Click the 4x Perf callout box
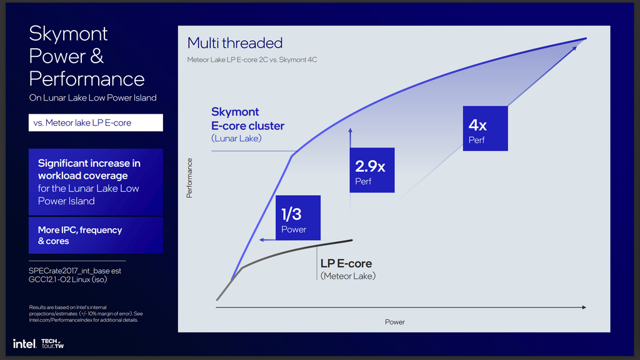tap(485, 129)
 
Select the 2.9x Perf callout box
tap(372, 170)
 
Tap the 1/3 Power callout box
tap(298, 217)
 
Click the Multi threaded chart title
tap(235, 43)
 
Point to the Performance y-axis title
tap(189, 178)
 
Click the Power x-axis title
tap(395, 322)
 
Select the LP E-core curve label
tap(347, 269)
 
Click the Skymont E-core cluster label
tap(247, 124)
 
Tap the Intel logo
tap(24, 344)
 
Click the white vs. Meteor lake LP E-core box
tap(96, 122)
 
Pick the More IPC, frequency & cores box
tap(96, 235)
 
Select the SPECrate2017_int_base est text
tap(75, 271)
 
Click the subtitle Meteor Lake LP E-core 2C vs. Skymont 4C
tap(252, 59)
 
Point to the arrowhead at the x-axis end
tap(584, 307)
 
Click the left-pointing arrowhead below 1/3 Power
tap(262, 240)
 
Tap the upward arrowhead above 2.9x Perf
tap(350, 131)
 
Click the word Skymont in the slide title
tap(68, 34)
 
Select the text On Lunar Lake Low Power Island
tap(92, 98)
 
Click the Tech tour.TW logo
tap(52, 344)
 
